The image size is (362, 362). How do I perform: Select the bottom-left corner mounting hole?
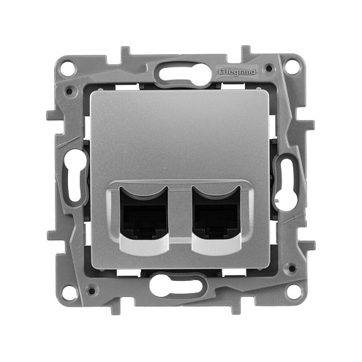point(67,292)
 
